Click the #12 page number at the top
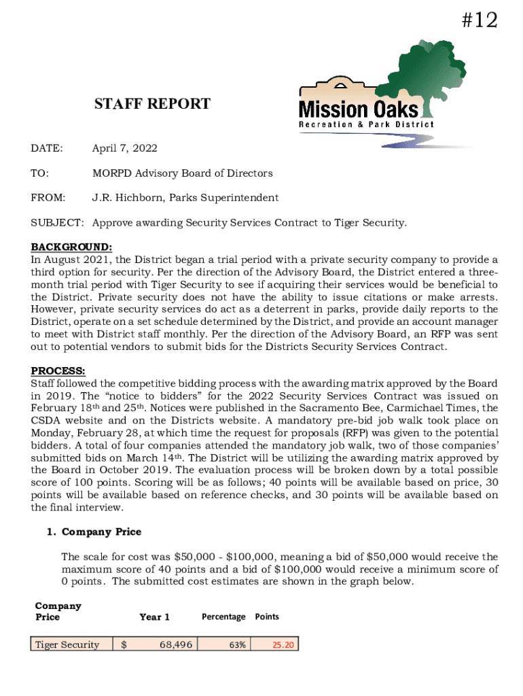coord(479,21)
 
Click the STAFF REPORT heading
coord(152,104)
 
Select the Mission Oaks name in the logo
coord(359,109)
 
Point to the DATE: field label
coord(47,148)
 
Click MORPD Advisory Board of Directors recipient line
coord(182,173)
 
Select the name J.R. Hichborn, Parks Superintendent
coord(185,198)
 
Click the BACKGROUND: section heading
coord(71,246)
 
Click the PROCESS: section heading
coord(58,370)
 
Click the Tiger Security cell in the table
coord(67,644)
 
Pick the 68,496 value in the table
coord(175,644)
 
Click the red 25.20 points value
coord(283,644)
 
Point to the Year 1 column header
coord(154,616)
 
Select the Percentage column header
coord(223,616)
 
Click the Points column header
coord(267,616)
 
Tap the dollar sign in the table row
coord(124,644)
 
